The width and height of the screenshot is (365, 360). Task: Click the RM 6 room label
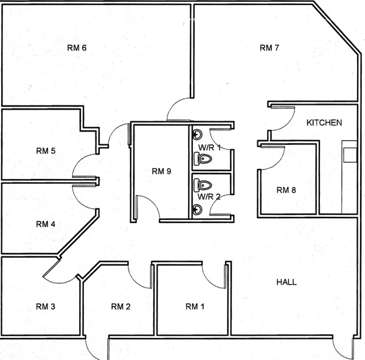coord(76,47)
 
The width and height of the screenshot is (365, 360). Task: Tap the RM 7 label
coord(269,48)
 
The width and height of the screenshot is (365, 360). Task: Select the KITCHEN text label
coord(324,122)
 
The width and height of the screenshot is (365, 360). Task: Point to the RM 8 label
coord(286,190)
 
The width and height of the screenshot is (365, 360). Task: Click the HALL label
coord(287,282)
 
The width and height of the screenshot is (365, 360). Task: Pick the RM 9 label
coord(161,171)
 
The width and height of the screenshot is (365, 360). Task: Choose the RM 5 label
coord(46,150)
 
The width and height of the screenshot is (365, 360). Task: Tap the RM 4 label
coord(46,224)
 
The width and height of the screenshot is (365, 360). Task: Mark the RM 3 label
coord(46,306)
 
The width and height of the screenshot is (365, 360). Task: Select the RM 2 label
coord(120,306)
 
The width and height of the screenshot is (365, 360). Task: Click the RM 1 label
coord(195,306)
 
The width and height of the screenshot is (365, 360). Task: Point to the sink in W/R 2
coord(196,210)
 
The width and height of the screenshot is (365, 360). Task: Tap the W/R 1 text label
coord(208,147)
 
